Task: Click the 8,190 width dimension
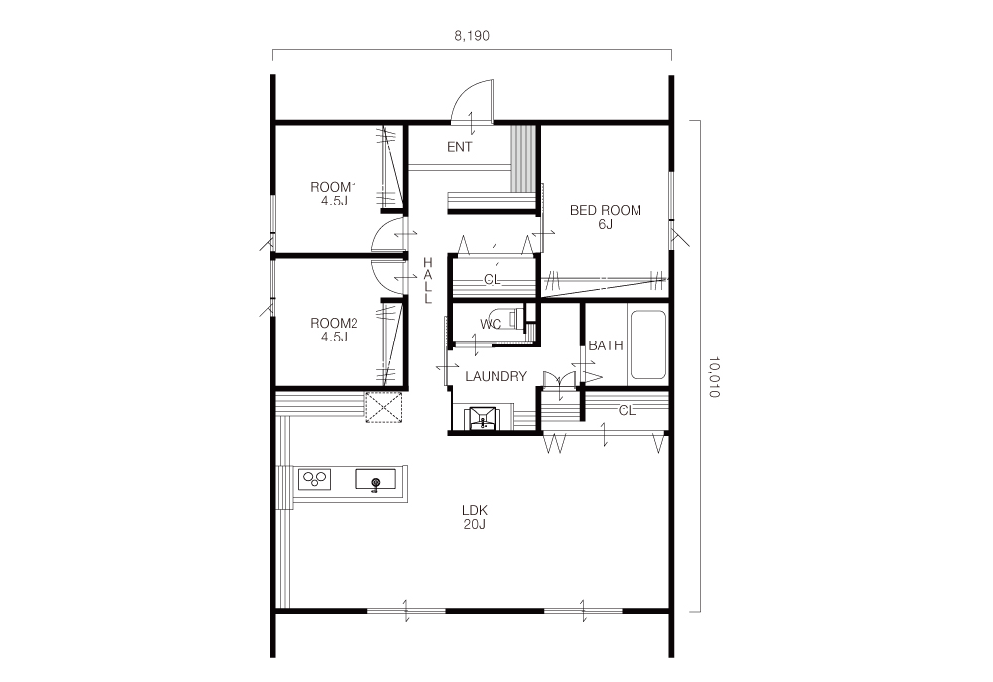pyautogui.click(x=471, y=36)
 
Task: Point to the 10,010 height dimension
pyautogui.click(x=714, y=377)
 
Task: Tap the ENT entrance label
pyautogui.click(x=459, y=147)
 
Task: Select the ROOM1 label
pyautogui.click(x=334, y=187)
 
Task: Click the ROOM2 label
pyautogui.click(x=334, y=323)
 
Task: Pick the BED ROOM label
pyautogui.click(x=606, y=210)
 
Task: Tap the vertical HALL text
pyautogui.click(x=428, y=281)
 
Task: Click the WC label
pyautogui.click(x=491, y=325)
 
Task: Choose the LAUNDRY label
pyautogui.click(x=496, y=377)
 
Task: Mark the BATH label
pyautogui.click(x=606, y=345)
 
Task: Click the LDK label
pyautogui.click(x=475, y=510)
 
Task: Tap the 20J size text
pyautogui.click(x=475, y=524)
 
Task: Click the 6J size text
pyautogui.click(x=606, y=224)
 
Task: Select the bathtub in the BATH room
pyautogui.click(x=646, y=345)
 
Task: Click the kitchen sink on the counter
pyautogui.click(x=375, y=480)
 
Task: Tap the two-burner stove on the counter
pyautogui.click(x=316, y=478)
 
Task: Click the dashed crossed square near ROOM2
pyautogui.click(x=384, y=407)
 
